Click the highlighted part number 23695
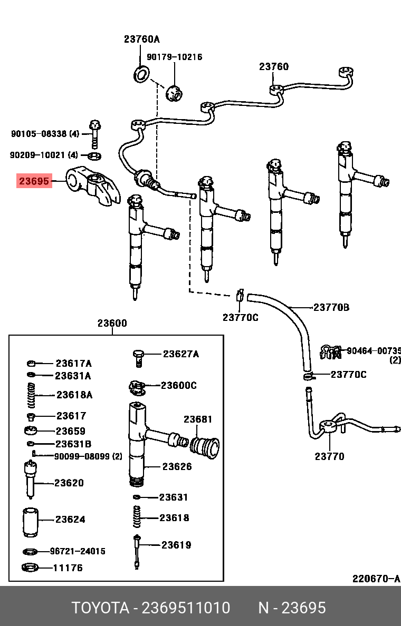34,182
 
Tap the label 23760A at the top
141,39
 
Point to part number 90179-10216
174,57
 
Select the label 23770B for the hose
331,307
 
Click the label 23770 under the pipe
329,456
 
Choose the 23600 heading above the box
112,324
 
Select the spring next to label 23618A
32,395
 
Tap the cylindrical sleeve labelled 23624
32,522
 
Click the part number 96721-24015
78,551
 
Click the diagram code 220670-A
376,579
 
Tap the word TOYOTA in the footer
100,608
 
